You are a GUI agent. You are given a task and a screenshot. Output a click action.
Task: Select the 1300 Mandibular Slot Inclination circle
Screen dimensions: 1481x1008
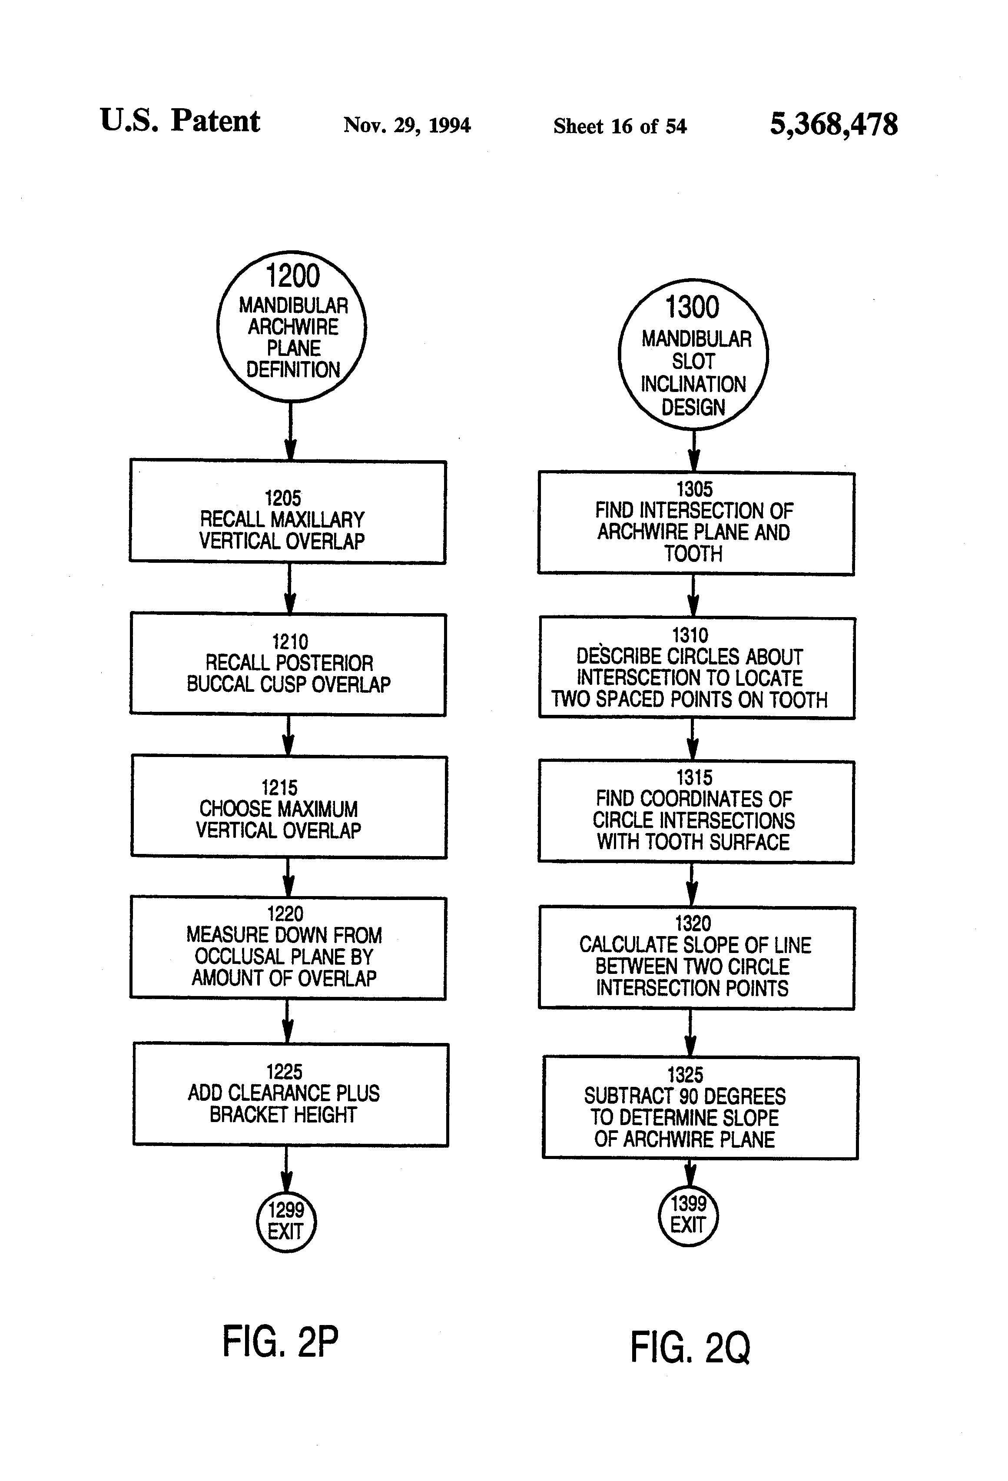pyautogui.click(x=693, y=354)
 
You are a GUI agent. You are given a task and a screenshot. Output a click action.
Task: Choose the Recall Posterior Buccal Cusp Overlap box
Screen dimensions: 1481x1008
pyautogui.click(x=288, y=664)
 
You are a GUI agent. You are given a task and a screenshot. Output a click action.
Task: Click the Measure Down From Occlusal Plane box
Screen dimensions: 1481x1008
pyautogui.click(x=288, y=948)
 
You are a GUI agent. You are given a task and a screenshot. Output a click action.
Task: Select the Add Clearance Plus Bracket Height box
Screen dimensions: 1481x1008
pyautogui.click(x=291, y=1094)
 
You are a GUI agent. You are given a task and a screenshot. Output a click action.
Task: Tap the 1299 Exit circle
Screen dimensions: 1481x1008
pyautogui.click(x=286, y=1221)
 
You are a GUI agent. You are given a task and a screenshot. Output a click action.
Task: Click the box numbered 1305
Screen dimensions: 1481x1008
pyautogui.click(x=696, y=523)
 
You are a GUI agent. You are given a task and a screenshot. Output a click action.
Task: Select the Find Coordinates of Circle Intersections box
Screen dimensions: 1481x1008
pyautogui.click(x=696, y=812)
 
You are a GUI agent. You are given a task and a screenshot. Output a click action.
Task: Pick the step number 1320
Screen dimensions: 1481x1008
pyautogui.click(x=693, y=923)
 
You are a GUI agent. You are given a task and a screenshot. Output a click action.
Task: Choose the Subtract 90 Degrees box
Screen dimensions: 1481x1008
pyautogui.click(x=700, y=1108)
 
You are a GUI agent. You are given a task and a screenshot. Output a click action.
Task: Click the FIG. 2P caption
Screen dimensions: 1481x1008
pyautogui.click(x=280, y=1342)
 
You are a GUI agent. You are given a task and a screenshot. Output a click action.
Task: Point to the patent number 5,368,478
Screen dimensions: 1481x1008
pyautogui.click(x=833, y=124)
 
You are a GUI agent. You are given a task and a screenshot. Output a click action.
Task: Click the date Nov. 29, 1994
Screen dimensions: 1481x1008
pyautogui.click(x=407, y=125)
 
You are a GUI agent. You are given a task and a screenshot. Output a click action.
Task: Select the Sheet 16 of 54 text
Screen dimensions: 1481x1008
pyautogui.click(x=619, y=126)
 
